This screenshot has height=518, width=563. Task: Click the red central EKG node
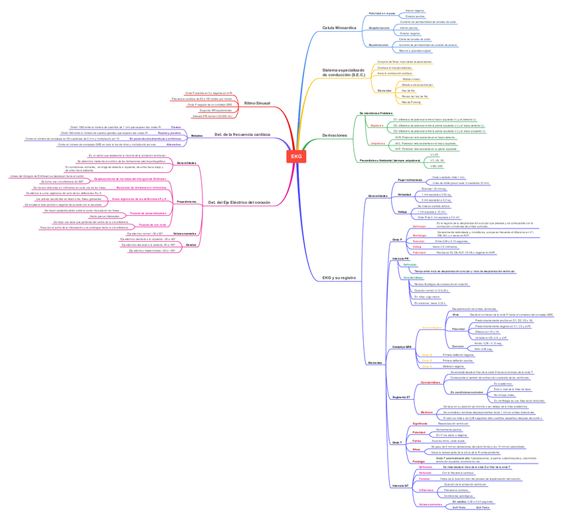pos(295,156)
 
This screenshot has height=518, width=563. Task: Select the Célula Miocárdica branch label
pos(339,28)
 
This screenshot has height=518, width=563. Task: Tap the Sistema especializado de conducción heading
pos(343,72)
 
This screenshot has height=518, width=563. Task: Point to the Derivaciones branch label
pos(335,135)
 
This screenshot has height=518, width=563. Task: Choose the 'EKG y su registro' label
pos(339,278)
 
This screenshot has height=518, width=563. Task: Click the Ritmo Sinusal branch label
pos(258,104)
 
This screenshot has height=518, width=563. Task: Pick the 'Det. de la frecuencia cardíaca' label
pos(242,135)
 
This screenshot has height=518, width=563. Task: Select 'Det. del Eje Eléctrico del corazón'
pos(239,201)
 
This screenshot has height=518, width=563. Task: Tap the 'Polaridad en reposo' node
pos(382,13)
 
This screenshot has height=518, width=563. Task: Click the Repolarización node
pos(379,44)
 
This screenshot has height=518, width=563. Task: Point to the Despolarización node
pos(379,28)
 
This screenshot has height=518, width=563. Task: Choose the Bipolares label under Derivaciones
pos(377,125)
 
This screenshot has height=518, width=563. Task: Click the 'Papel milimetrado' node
pos(410,180)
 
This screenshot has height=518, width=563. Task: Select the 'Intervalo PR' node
pos(400,258)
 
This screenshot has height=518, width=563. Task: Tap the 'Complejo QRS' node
pos(402,347)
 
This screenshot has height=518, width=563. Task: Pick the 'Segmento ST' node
pos(402,396)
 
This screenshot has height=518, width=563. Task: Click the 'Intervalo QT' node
pos(401,485)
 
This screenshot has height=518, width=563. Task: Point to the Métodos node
pos(197,135)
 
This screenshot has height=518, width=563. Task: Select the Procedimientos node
pos(186,201)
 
